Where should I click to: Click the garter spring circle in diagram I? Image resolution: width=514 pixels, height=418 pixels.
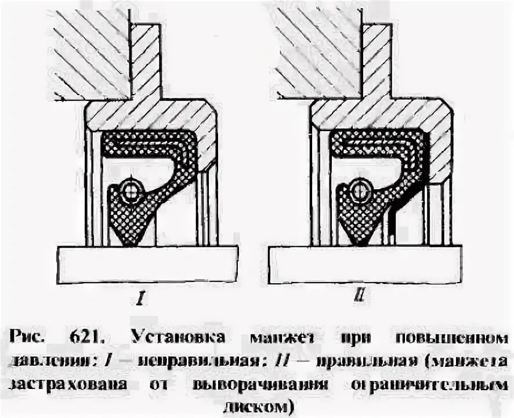click(x=130, y=189)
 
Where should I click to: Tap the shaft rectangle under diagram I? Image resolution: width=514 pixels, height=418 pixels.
click(x=147, y=265)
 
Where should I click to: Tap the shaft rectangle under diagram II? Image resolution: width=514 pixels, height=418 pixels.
click(x=365, y=265)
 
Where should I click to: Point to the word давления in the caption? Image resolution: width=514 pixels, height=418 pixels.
click(x=50, y=360)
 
